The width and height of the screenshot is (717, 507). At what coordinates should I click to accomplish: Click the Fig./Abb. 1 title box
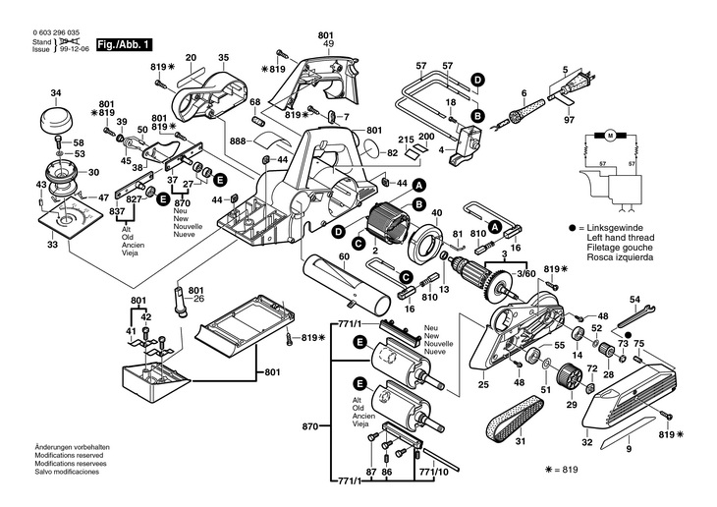click(124, 45)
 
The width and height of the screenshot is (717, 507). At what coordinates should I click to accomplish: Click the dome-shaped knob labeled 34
click(56, 119)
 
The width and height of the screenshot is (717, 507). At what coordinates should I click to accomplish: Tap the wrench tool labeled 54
click(636, 315)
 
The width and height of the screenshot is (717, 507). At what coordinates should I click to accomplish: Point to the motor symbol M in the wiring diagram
click(610, 136)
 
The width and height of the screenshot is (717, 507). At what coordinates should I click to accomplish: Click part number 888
click(238, 141)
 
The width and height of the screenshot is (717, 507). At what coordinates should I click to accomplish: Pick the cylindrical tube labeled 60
click(346, 285)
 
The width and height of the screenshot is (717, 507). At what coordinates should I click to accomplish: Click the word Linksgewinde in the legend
click(615, 228)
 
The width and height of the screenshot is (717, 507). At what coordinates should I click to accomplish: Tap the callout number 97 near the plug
click(569, 120)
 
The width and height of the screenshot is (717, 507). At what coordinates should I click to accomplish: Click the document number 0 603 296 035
click(56, 33)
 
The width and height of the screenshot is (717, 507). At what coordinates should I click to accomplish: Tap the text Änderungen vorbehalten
click(73, 447)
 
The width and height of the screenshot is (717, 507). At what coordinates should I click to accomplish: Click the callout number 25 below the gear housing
click(484, 384)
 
